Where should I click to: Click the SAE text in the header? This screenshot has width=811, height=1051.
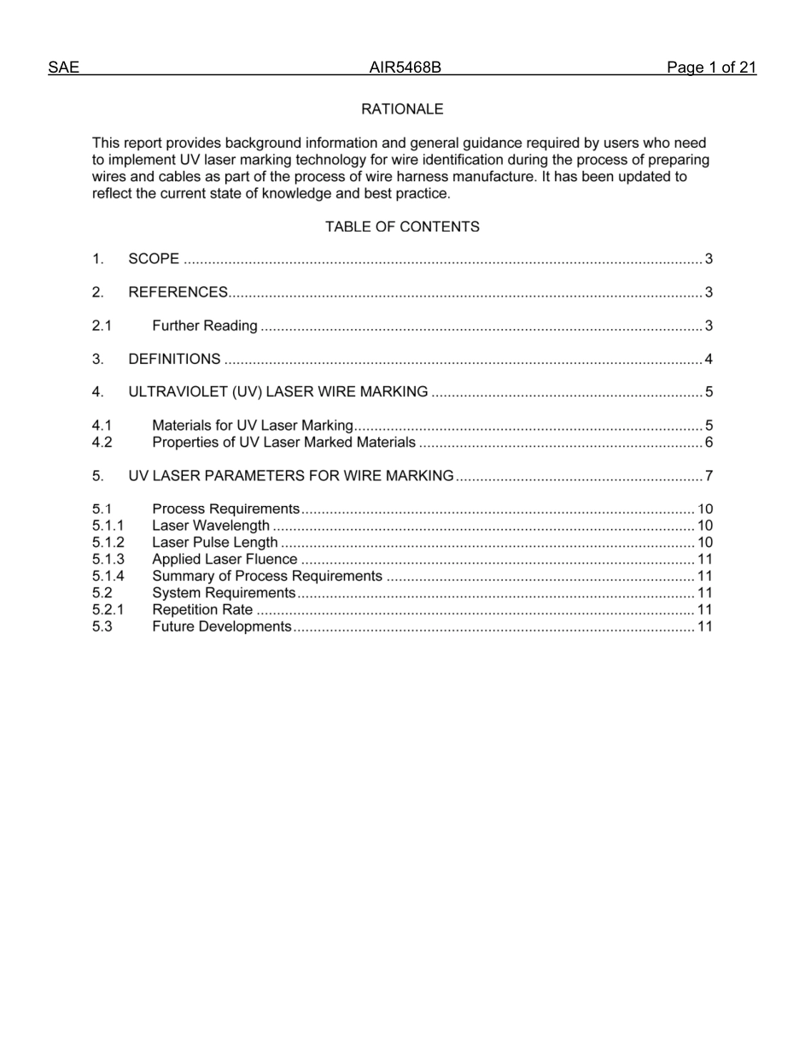63,68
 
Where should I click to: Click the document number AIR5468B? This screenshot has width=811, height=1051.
405,68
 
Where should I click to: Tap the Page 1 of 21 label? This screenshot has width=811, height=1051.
711,68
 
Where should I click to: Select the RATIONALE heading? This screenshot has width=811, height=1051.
402,109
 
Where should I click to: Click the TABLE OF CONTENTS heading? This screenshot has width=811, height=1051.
402,226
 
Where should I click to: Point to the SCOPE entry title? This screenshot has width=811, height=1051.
154,259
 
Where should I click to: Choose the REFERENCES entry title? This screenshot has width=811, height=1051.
178,292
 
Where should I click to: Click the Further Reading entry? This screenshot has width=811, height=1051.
204,326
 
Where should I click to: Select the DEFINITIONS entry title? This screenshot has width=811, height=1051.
174,359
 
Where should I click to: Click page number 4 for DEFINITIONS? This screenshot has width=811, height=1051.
709,359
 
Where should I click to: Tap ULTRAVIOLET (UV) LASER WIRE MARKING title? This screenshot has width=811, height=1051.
277,392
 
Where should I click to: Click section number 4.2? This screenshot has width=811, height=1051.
102,443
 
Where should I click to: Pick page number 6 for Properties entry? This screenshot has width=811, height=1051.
709,443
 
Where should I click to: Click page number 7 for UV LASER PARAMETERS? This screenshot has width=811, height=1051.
709,476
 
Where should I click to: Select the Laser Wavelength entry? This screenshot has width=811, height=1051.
210,525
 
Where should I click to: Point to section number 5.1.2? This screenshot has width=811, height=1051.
108,543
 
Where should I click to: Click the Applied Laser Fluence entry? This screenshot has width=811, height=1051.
225,560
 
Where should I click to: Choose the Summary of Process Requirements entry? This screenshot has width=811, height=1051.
266,576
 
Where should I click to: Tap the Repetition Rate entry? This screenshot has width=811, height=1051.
202,609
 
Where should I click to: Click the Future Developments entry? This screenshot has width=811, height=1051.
221,626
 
